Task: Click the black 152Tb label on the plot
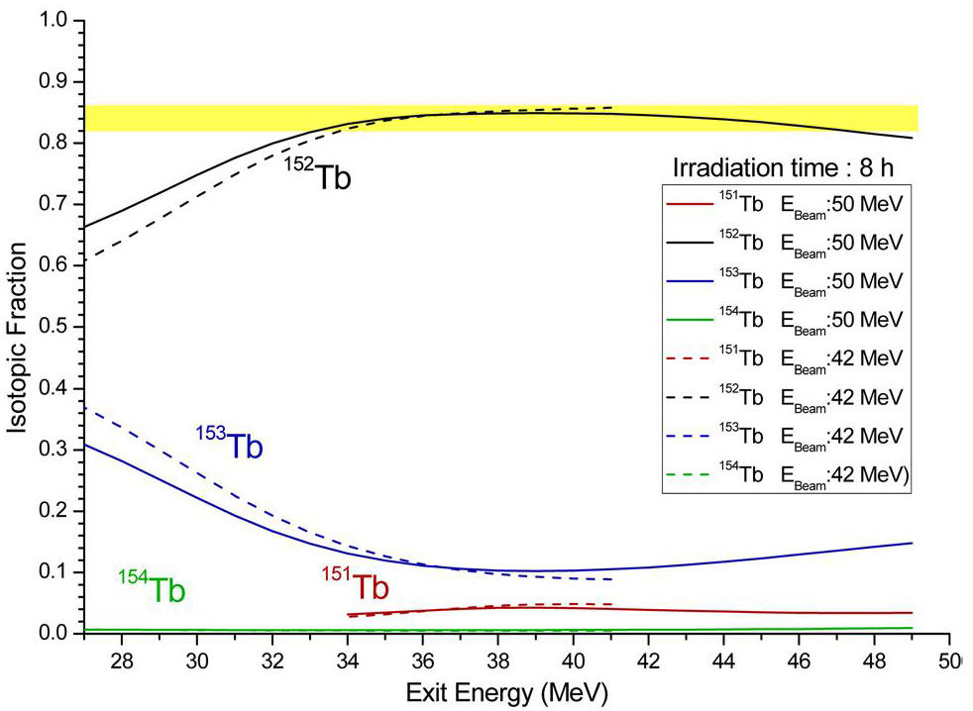click(x=319, y=177)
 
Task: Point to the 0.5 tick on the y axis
click(x=63, y=327)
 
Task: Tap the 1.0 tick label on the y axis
click(x=63, y=20)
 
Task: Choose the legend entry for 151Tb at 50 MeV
click(x=785, y=205)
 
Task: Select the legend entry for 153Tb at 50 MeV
click(x=785, y=283)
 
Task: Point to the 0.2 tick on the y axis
click(x=63, y=511)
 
